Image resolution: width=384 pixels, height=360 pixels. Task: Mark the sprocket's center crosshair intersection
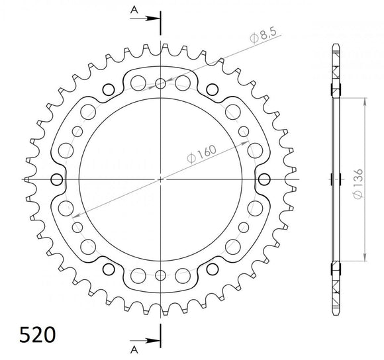[160, 179]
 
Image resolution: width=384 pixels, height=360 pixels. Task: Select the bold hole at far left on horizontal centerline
[56, 179]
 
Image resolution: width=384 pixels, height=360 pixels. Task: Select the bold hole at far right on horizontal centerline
[264, 179]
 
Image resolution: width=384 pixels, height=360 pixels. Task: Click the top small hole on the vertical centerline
[160, 83]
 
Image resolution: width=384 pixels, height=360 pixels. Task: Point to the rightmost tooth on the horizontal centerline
[293, 179]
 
